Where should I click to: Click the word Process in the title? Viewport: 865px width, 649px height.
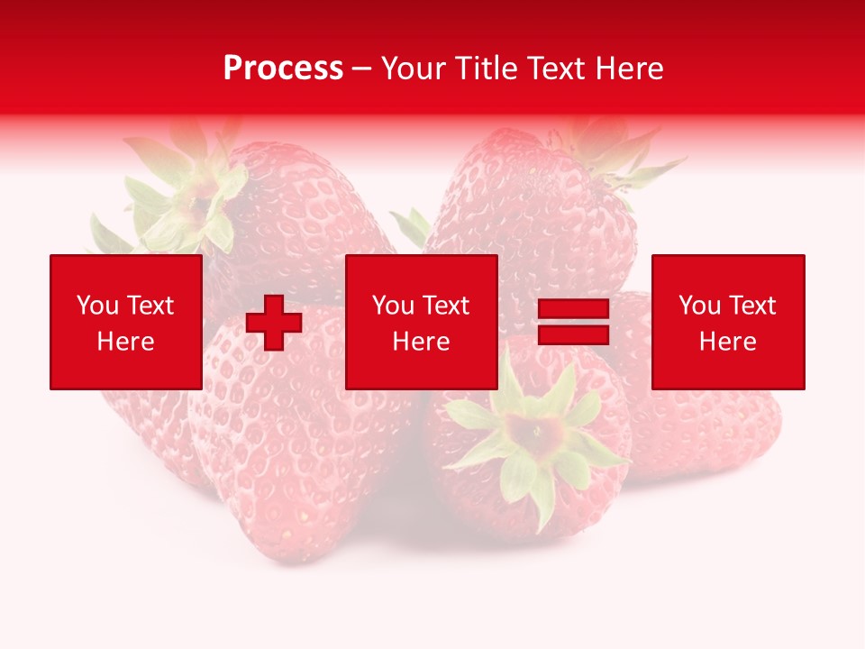tap(283, 69)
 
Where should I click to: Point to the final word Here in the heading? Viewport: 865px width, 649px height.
tap(631, 69)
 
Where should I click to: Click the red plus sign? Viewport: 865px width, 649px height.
tap(274, 323)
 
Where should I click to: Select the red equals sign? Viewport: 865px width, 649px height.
tap(573, 323)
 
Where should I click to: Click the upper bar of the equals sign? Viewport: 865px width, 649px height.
tap(573, 310)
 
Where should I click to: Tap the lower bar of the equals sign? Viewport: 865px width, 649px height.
tap(573, 334)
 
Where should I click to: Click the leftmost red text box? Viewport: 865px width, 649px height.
tap(125, 322)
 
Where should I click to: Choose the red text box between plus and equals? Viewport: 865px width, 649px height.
tap(421, 322)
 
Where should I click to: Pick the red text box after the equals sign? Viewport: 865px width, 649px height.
tap(727, 322)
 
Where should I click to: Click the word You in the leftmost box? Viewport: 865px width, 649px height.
tap(97, 306)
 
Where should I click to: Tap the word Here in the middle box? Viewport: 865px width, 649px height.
tap(421, 342)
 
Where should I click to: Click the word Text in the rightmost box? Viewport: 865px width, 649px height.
tap(754, 306)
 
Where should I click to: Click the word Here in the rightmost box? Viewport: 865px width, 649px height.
tap(727, 342)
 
